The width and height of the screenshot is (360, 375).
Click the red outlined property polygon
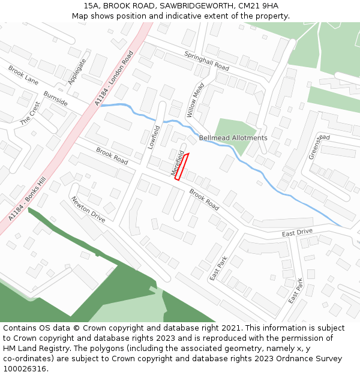coord(181,167)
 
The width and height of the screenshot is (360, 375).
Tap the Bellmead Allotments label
coord(233,138)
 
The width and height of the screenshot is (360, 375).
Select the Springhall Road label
coord(207,60)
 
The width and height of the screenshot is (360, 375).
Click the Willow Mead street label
coord(195,100)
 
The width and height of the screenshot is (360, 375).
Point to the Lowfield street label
coord(154,137)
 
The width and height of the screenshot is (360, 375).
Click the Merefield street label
coord(176,163)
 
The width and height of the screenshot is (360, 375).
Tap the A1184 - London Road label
coord(114,79)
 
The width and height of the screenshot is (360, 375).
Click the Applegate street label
coord(77,71)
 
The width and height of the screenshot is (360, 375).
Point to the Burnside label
coord(55,98)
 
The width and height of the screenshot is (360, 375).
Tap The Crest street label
coord(29,113)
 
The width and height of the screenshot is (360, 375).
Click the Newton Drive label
coord(88,209)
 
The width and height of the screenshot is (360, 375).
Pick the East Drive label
coord(298,232)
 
